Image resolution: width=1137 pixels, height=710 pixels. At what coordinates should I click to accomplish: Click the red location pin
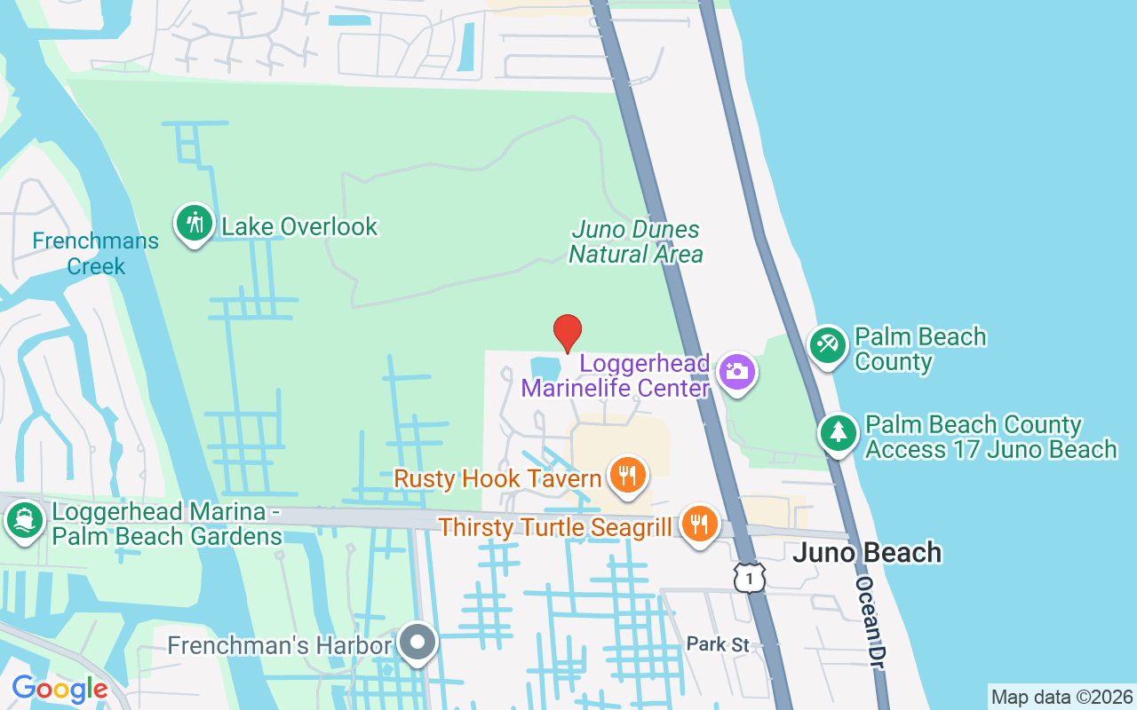pyautogui.click(x=568, y=333)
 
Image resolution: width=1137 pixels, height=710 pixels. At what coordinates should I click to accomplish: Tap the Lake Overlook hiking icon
pyautogui.click(x=194, y=224)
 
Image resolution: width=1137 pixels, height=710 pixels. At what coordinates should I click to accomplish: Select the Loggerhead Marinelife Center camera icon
pyautogui.click(x=736, y=372)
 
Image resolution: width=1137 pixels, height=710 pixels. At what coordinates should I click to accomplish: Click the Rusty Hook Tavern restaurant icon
pyautogui.click(x=628, y=477)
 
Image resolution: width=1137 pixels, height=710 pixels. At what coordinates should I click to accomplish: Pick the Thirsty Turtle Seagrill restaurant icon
pyautogui.click(x=700, y=525)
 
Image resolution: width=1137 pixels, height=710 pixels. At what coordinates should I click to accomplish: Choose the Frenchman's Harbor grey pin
pyautogui.click(x=417, y=643)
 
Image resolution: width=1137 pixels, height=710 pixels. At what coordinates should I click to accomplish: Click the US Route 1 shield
pyautogui.click(x=750, y=578)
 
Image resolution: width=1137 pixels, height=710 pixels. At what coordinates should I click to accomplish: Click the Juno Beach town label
pyautogui.click(x=866, y=553)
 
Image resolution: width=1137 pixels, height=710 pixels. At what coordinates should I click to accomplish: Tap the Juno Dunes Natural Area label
pyautogui.click(x=636, y=242)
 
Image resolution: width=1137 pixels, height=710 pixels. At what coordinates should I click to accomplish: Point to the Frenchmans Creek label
pyautogui.click(x=96, y=253)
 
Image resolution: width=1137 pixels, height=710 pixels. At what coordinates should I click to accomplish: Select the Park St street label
pyautogui.click(x=718, y=644)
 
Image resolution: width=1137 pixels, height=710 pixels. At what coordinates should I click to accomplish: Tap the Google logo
pyautogui.click(x=60, y=689)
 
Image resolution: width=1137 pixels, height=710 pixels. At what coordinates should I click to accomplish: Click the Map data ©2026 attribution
pyautogui.click(x=1061, y=697)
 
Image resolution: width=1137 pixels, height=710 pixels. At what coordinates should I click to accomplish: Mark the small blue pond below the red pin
pyautogui.click(x=545, y=366)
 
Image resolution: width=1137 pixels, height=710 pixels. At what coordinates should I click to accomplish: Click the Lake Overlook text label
pyautogui.click(x=299, y=227)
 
